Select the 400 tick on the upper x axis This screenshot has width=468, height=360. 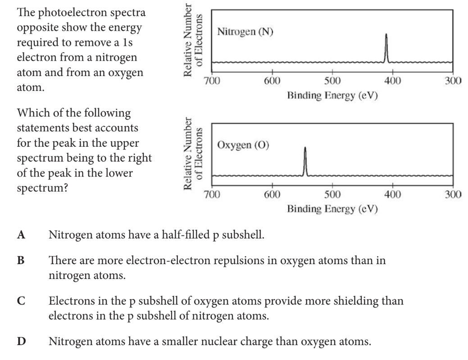(x=392, y=81)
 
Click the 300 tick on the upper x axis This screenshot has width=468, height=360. (x=452, y=81)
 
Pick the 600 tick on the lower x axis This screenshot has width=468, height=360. (x=272, y=194)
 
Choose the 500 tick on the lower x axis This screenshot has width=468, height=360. (x=332, y=194)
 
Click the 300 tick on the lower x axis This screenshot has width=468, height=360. (x=452, y=194)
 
